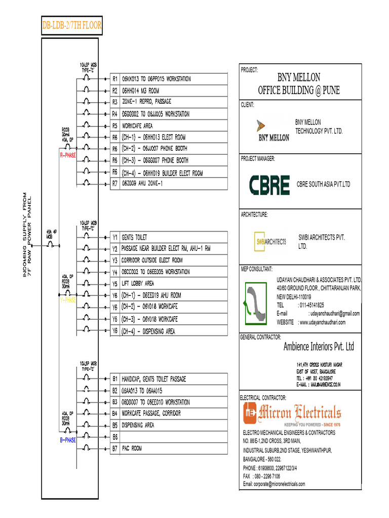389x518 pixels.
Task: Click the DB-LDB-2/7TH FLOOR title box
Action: pyautogui.click(x=71, y=25)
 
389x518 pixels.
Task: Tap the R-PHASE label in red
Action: pyautogui.click(x=67, y=155)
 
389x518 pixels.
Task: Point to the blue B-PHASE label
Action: pyautogui.click(x=67, y=440)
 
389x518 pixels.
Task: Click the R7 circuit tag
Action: pyautogui.click(x=115, y=184)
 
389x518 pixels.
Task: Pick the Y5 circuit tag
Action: pyautogui.click(x=115, y=283)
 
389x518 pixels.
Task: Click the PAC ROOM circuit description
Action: pyautogui.click(x=132, y=448)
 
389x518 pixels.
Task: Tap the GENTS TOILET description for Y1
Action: pyautogui.click(x=134, y=237)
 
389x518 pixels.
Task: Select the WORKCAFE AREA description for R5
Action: pyautogui.click(x=137, y=125)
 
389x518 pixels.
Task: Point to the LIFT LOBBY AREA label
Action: pyautogui.click(x=138, y=283)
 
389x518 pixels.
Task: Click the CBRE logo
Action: pyautogui.click(x=269, y=185)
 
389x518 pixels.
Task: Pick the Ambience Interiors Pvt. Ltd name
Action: pyautogui.click(x=319, y=347)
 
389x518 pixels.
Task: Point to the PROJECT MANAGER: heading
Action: pyautogui.click(x=258, y=159)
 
